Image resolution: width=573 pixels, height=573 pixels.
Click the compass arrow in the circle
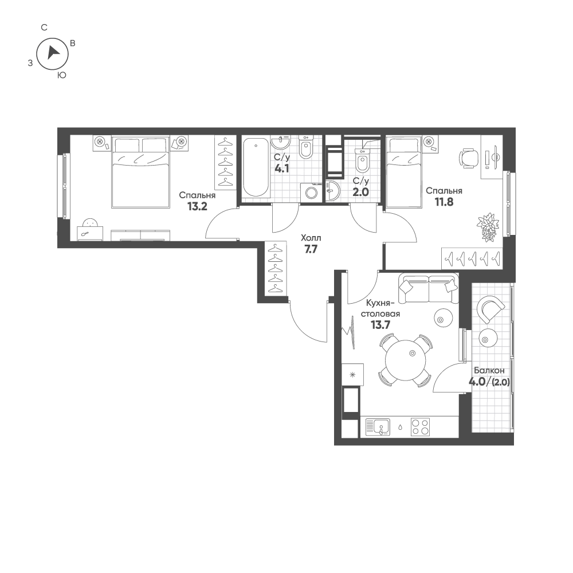click(x=53, y=52)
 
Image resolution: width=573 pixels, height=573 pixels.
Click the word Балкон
click(x=489, y=371)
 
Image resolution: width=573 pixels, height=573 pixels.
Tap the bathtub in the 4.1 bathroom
click(x=255, y=167)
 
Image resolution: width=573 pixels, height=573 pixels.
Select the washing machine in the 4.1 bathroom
click(x=310, y=193)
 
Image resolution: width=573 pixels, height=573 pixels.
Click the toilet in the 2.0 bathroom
click(x=363, y=160)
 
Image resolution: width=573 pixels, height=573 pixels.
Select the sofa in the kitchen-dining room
click(x=429, y=289)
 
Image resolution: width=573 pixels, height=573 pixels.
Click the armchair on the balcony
click(x=490, y=310)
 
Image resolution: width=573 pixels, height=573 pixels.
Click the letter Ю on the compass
click(x=62, y=75)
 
